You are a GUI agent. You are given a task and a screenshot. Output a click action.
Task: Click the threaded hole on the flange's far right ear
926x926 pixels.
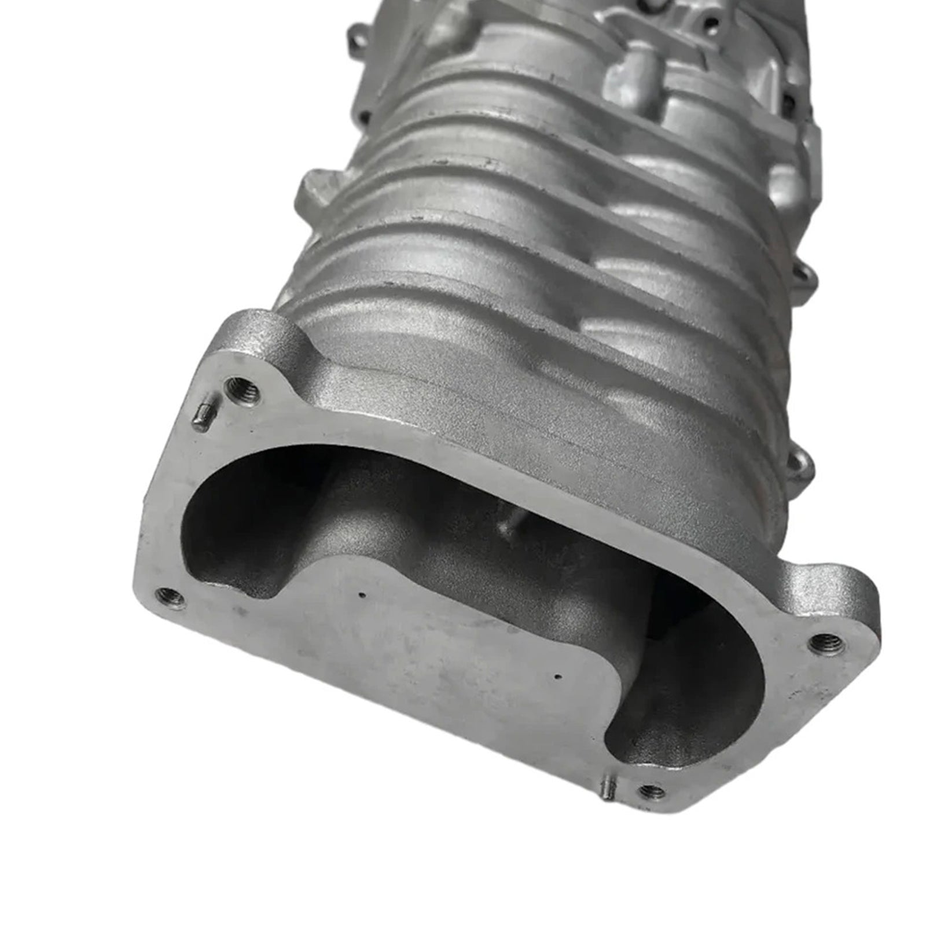click(820, 641)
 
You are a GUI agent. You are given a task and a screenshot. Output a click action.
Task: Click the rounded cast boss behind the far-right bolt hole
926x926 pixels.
click(833, 585)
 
